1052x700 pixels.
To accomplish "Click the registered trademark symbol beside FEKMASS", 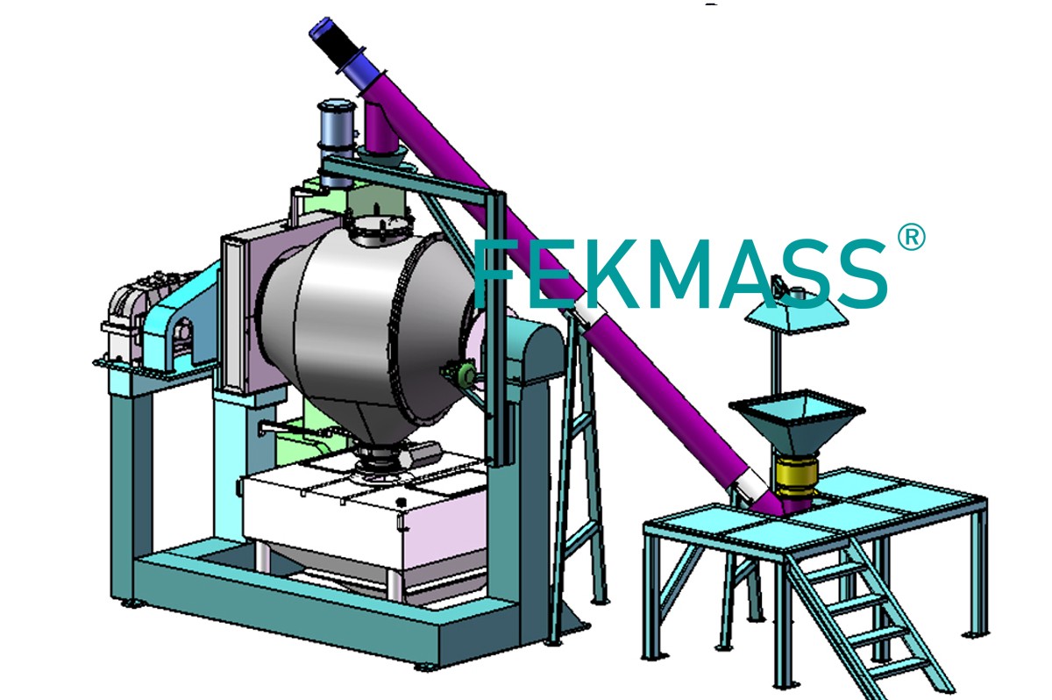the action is (x=911, y=237).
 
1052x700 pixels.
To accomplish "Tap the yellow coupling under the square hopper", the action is (x=797, y=477).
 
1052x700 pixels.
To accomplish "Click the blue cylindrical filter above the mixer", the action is (x=337, y=141).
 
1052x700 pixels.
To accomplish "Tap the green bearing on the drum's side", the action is (x=466, y=374).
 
